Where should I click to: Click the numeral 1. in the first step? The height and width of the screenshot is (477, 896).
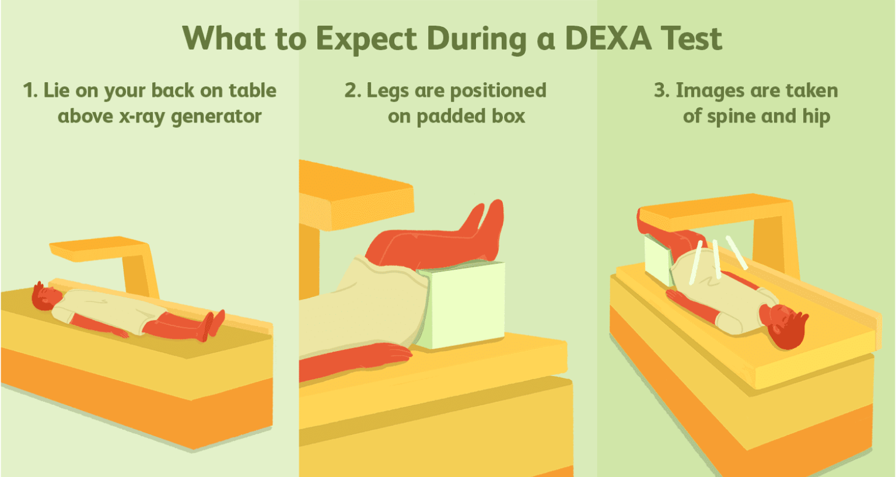[x=30, y=90]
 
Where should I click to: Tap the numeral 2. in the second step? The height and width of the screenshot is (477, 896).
[x=352, y=90]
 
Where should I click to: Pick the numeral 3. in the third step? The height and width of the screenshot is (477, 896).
[x=661, y=90]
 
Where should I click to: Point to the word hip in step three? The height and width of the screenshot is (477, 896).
[x=816, y=117]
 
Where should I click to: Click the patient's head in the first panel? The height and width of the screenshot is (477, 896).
[x=46, y=297]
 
